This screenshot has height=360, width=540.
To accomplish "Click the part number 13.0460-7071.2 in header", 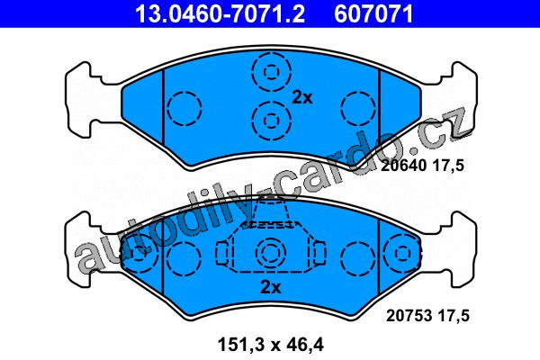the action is (x=220, y=13).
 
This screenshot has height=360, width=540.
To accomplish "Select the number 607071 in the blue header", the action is (x=373, y=13).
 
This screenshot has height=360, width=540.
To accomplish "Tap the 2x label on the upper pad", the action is (x=302, y=98).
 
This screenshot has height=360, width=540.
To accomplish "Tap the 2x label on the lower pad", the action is (x=271, y=287).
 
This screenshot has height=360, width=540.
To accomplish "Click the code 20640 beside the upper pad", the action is (x=403, y=166).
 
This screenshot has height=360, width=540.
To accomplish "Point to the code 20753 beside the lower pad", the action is (x=409, y=316).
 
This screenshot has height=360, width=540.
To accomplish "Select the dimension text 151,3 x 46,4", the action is (x=271, y=345).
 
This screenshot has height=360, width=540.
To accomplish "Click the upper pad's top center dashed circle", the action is (x=272, y=72).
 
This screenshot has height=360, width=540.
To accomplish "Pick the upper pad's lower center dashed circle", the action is (x=272, y=121).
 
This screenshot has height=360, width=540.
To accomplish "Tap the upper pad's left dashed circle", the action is (x=184, y=109).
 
